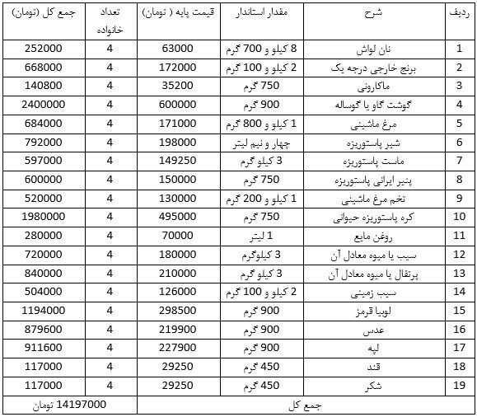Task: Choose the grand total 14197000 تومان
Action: [x=69, y=405]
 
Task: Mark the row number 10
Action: [x=459, y=218]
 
